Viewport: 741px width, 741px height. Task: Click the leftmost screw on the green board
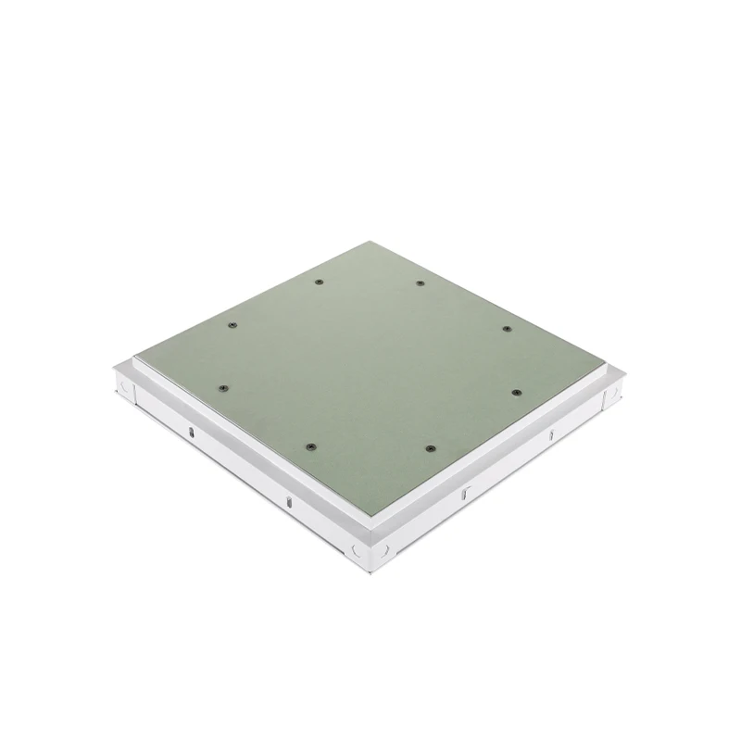point(222,389)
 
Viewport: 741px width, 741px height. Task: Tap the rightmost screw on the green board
point(509,393)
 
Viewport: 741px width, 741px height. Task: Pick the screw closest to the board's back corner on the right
point(420,283)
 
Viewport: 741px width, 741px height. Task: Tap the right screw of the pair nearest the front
point(430,448)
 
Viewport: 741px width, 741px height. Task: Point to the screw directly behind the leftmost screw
point(232,325)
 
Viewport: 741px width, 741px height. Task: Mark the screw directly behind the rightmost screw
point(507,329)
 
